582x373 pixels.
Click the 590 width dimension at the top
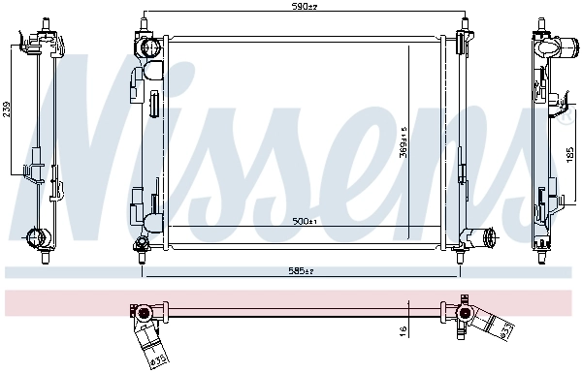pyautogui.click(x=306, y=8)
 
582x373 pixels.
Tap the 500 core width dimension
pyautogui.click(x=305, y=222)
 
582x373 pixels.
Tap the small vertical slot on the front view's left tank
pyautogui.click(x=154, y=104)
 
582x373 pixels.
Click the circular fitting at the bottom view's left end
pyautogui.click(x=142, y=311)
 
